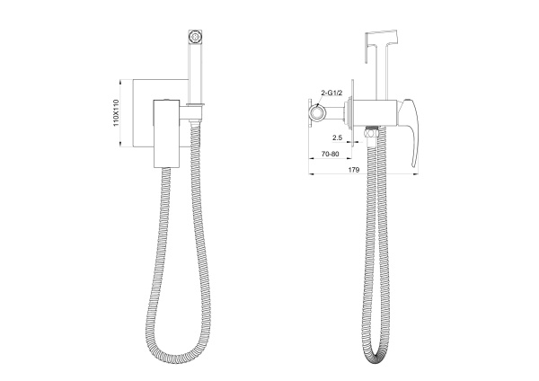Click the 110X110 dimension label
click(116, 113)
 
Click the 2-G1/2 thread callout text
click(331, 93)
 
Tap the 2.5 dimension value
click(337, 137)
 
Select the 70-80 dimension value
click(330, 154)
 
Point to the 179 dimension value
click(354, 170)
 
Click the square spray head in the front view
click(195, 37)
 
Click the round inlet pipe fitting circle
click(316, 112)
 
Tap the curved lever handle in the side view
click(413, 130)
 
